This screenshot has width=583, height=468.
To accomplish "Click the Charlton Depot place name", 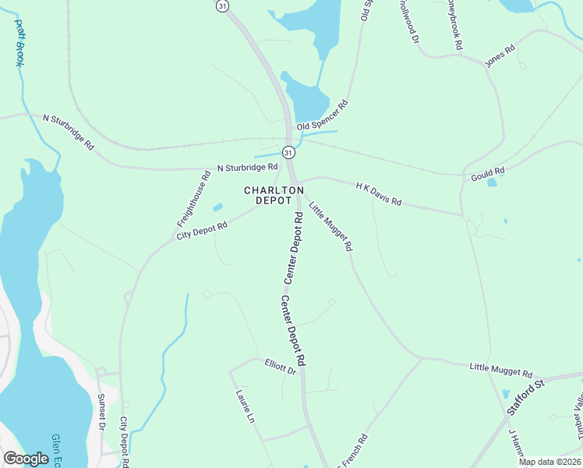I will point(274,195).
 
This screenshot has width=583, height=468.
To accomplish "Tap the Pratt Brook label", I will point(18,43).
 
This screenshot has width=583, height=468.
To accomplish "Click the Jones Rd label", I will point(500,57).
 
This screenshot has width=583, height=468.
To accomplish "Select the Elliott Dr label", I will point(281,364).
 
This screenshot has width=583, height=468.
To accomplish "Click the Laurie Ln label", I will point(245,406).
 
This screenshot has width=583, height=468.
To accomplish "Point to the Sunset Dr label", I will point(102,411).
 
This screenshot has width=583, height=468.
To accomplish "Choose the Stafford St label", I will point(525,393).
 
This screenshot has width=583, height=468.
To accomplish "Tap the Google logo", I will point(26,459).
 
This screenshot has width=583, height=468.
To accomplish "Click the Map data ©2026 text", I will point(550,462).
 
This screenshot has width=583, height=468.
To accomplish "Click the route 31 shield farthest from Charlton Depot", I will point(222,5).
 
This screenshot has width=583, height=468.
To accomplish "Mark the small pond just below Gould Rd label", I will point(491,183).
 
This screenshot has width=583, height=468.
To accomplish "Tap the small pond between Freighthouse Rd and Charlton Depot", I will point(217,207).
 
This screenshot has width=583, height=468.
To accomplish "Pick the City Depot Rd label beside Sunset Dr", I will point(124,441).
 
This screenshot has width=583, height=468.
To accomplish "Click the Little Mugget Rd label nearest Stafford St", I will point(501,370).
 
